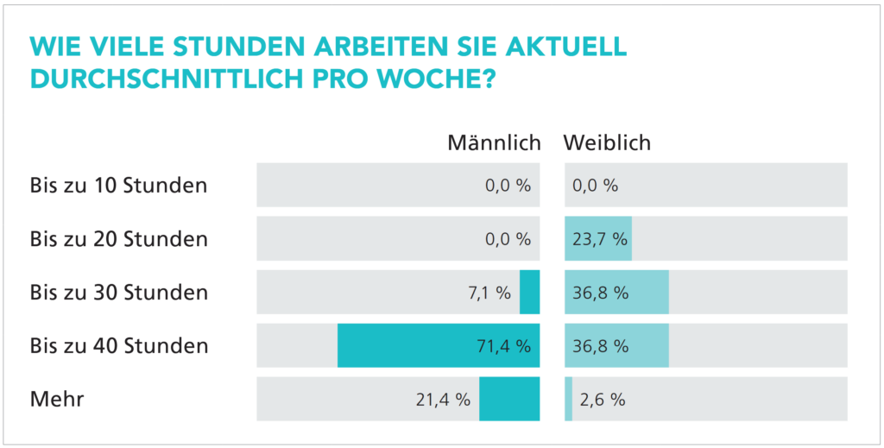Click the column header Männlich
coord(494,143)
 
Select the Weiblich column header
coord(607,143)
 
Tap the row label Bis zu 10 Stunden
coord(118,185)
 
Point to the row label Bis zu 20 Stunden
coord(118,239)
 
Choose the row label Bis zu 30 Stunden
coord(118,293)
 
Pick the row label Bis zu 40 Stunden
coord(118,345)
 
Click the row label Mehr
coord(57,400)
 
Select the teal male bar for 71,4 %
coord(439,345)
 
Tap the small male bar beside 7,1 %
coord(529,292)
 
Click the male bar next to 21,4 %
coord(509,399)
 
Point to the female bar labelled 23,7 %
coord(598,239)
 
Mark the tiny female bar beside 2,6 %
coord(568,399)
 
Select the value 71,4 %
coord(504,346)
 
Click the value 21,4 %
coord(443,400)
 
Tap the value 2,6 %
coord(601,400)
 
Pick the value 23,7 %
coord(601,239)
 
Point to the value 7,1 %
coord(489,293)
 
